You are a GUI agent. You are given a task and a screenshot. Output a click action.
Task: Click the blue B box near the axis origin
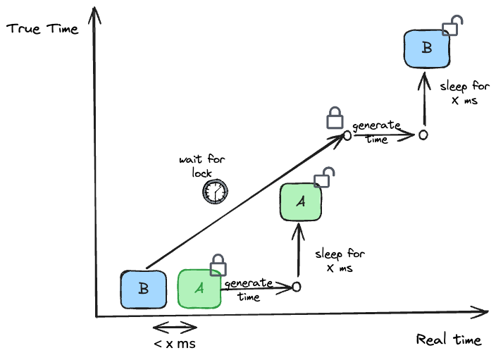(143, 290)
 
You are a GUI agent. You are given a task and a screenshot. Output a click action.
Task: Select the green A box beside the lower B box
(199, 289)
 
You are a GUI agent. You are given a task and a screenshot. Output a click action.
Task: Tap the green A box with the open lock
(301, 202)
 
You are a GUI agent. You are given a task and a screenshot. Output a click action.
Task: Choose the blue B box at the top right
(426, 49)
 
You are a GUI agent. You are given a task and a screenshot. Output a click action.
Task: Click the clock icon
(216, 192)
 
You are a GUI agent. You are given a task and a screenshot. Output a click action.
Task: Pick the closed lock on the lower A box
(218, 265)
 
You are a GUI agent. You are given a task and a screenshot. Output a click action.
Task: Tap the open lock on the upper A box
(323, 178)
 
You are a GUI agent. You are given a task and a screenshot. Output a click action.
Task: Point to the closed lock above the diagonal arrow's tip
(335, 118)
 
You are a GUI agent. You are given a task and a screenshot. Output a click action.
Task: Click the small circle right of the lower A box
(297, 287)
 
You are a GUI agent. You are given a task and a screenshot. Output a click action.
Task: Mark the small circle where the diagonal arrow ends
(347, 135)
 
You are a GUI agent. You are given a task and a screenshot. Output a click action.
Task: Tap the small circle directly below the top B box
(423, 135)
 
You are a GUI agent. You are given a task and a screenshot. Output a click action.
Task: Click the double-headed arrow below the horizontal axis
(175, 328)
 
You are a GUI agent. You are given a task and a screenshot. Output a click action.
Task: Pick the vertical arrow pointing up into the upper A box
(299, 250)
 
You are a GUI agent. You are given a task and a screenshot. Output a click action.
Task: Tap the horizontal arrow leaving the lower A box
(257, 287)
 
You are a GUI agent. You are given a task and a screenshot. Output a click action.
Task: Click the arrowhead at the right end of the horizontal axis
(481, 312)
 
